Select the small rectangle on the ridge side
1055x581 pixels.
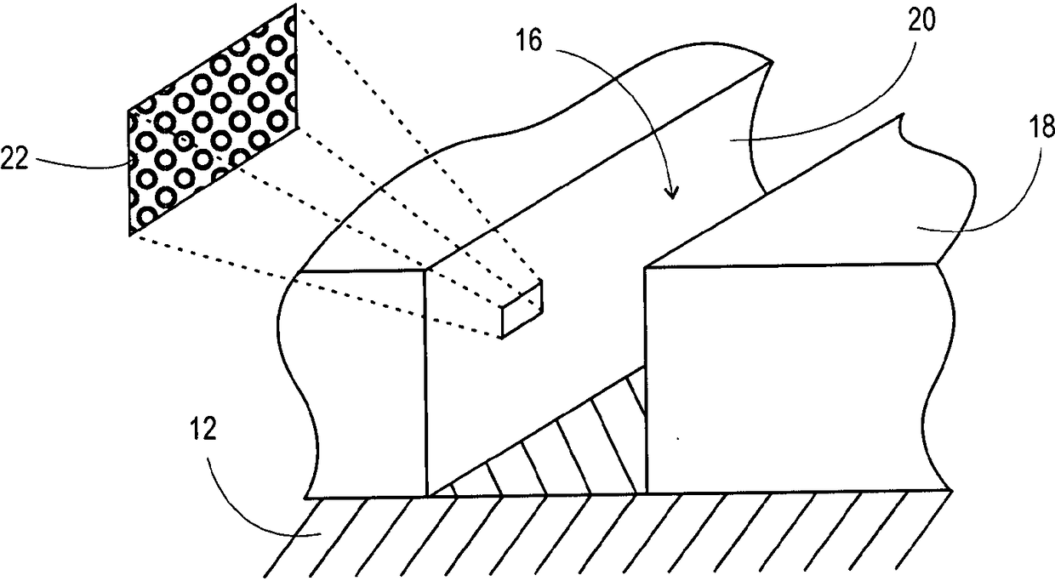(x=522, y=309)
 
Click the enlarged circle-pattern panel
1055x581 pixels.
(x=213, y=119)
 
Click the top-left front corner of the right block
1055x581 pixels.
(x=646, y=268)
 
